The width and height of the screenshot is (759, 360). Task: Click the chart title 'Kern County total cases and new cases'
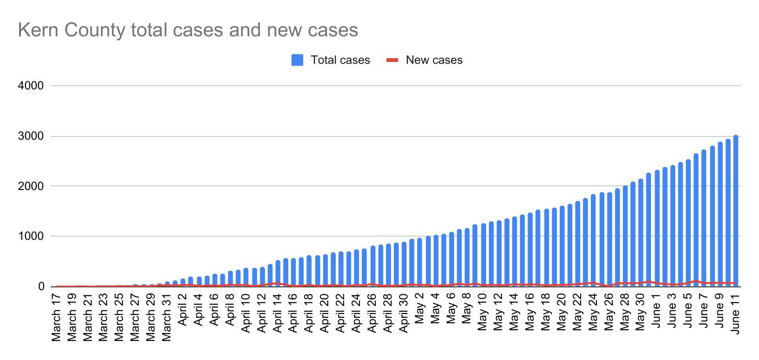(x=188, y=30)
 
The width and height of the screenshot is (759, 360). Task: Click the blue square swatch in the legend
(x=297, y=60)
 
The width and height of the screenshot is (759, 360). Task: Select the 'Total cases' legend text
(x=340, y=60)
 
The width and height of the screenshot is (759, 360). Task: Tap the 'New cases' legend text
(x=434, y=60)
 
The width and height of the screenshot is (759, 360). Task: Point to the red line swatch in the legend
(x=393, y=60)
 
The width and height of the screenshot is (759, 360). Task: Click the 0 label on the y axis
(x=41, y=287)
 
